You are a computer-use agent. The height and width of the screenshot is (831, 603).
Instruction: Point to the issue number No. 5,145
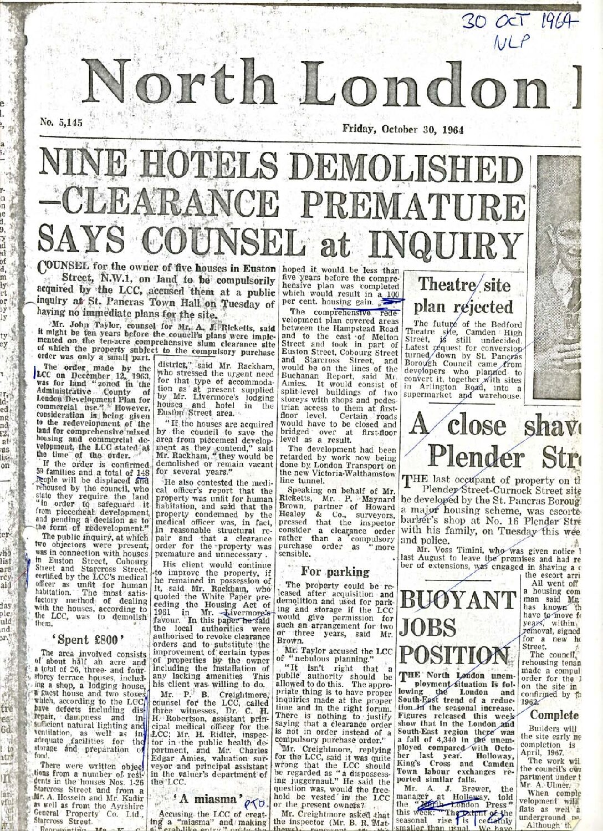click(x=62, y=123)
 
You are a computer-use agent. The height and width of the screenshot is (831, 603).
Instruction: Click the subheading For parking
click(x=335, y=571)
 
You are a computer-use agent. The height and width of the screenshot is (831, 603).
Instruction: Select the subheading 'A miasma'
click(x=208, y=800)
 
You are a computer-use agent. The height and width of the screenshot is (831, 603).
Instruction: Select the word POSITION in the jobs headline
click(x=454, y=656)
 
